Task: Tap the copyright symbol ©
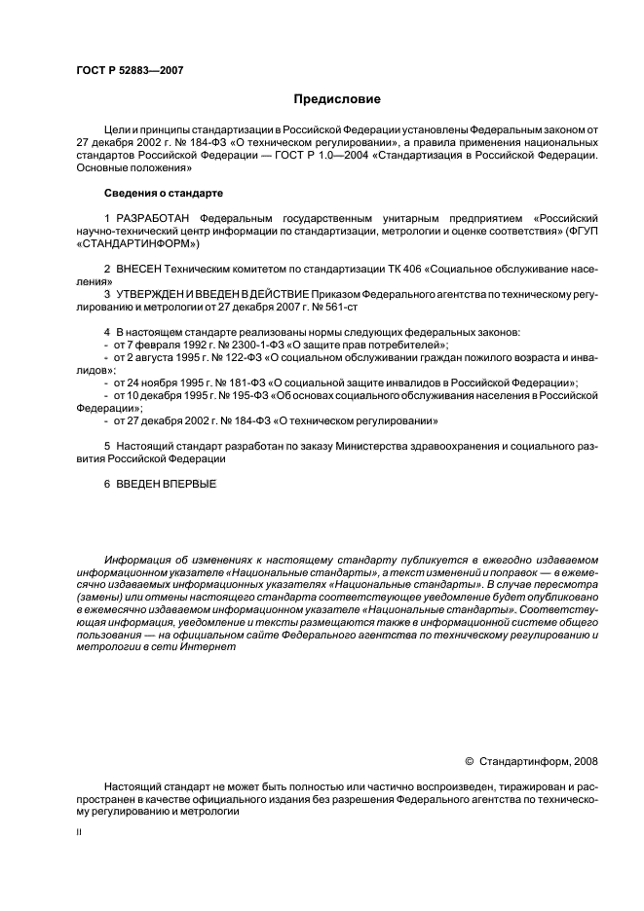pos(469,761)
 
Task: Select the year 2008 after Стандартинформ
pos(585,761)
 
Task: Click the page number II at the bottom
pos(79,834)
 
